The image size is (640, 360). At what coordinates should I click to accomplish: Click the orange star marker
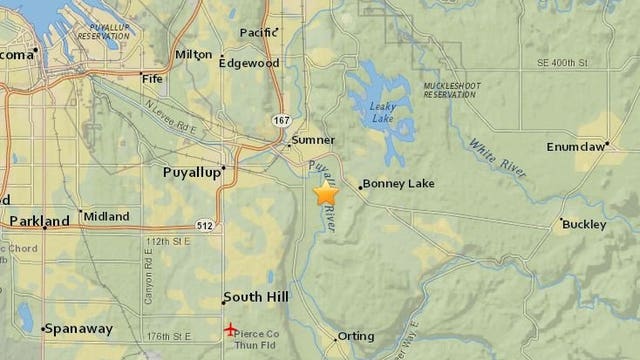click(326, 193)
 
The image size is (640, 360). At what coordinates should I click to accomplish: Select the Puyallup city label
click(190, 172)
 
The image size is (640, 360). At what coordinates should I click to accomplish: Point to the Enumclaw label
click(577, 146)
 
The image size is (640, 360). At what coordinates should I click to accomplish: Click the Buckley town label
click(584, 224)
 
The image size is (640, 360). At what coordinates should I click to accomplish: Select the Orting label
click(356, 336)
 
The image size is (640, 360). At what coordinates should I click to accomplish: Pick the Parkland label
click(39, 221)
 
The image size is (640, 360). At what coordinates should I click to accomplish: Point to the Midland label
click(106, 216)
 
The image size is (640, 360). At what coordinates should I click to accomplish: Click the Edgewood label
click(249, 63)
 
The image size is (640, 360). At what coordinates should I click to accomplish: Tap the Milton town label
click(193, 54)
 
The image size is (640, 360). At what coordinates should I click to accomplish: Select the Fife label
click(153, 78)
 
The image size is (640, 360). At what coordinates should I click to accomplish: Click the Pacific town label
click(258, 32)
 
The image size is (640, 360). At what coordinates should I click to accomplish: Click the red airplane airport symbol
click(232, 329)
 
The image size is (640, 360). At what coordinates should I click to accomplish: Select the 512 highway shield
click(204, 225)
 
